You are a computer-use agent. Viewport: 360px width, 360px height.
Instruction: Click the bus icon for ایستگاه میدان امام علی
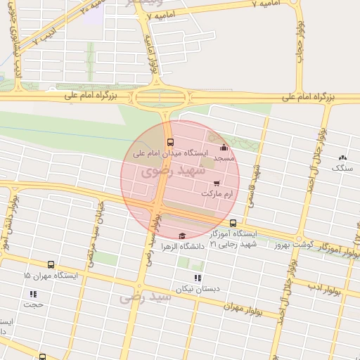tap(169, 143)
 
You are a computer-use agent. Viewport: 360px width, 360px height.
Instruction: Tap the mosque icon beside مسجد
tap(224, 147)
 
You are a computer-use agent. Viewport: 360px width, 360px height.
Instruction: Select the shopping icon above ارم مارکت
tap(216, 184)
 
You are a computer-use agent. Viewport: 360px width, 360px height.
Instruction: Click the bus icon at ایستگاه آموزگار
tap(233, 223)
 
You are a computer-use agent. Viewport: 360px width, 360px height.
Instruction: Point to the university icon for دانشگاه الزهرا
tap(183, 236)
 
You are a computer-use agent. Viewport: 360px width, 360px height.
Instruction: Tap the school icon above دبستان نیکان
tap(198, 278)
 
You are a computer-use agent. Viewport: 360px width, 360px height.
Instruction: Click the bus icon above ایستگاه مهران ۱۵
tap(51, 265)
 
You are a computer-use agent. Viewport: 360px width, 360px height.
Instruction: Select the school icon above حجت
tap(33, 294)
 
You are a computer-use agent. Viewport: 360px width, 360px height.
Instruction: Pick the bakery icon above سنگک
tap(342, 159)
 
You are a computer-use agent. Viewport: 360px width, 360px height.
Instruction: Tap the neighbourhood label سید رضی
tap(145, 297)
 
